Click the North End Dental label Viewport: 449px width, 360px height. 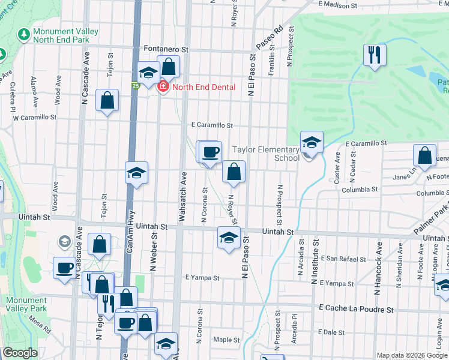(203, 87)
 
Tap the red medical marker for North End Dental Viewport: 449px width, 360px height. (162, 87)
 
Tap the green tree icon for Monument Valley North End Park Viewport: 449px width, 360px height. (24, 35)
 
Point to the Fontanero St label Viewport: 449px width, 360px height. (166, 50)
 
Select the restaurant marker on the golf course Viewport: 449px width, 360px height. (375, 55)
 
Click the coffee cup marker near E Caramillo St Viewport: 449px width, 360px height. (209, 152)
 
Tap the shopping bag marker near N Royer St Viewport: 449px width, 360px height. (234, 172)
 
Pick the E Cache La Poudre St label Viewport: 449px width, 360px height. (357, 309)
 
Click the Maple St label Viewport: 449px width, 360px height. (226, 340)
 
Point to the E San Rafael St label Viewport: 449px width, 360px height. (343, 259)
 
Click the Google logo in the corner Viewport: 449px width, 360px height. (19, 353)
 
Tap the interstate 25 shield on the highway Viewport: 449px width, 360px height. (136, 86)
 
